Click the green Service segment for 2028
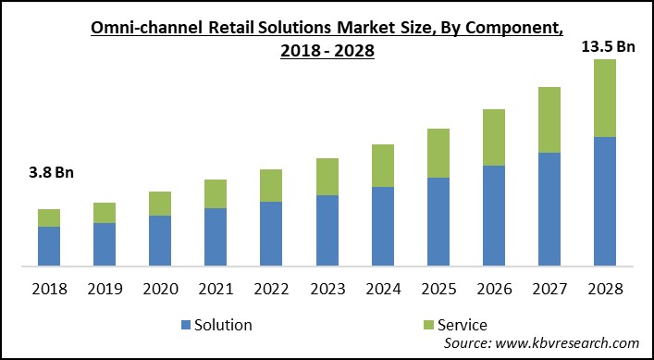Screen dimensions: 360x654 (604, 98)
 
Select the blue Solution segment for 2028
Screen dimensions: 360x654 (604, 202)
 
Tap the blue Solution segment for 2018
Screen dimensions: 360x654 (49, 246)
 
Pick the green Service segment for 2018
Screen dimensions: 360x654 (49, 217)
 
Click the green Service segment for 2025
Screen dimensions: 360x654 (438, 153)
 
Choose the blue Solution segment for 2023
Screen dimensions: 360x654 (327, 230)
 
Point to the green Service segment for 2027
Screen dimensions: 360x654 (549, 119)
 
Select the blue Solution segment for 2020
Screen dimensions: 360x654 (160, 241)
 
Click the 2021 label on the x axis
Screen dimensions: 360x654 (216, 289)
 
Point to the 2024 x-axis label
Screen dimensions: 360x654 (382, 289)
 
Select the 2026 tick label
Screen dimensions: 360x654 (493, 289)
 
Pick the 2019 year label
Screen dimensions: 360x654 (105, 289)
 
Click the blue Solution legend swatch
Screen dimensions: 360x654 (187, 325)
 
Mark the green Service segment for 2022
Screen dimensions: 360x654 (271, 185)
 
